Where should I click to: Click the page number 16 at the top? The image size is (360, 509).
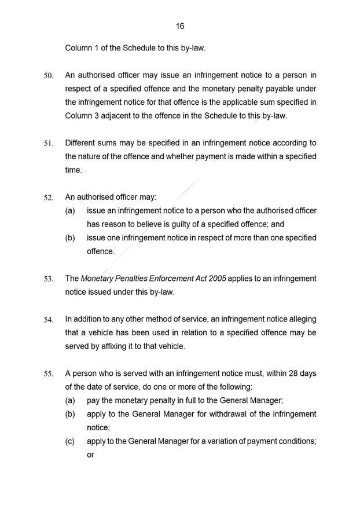[x=180, y=26]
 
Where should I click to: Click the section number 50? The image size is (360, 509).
[x=49, y=76]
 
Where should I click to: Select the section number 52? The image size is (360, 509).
[x=49, y=198]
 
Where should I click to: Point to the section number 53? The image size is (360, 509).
[x=49, y=279]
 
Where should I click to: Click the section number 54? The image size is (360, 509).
[x=49, y=320]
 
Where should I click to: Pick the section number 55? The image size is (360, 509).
[x=49, y=374]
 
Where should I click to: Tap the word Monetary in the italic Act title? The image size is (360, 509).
[x=97, y=279]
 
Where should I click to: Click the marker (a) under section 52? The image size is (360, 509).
[x=70, y=211]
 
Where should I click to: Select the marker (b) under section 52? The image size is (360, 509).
[x=70, y=238]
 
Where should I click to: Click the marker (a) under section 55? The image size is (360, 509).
[x=70, y=401]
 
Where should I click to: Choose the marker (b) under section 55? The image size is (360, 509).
[x=70, y=414]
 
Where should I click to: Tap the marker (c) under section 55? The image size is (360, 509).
[x=70, y=441]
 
